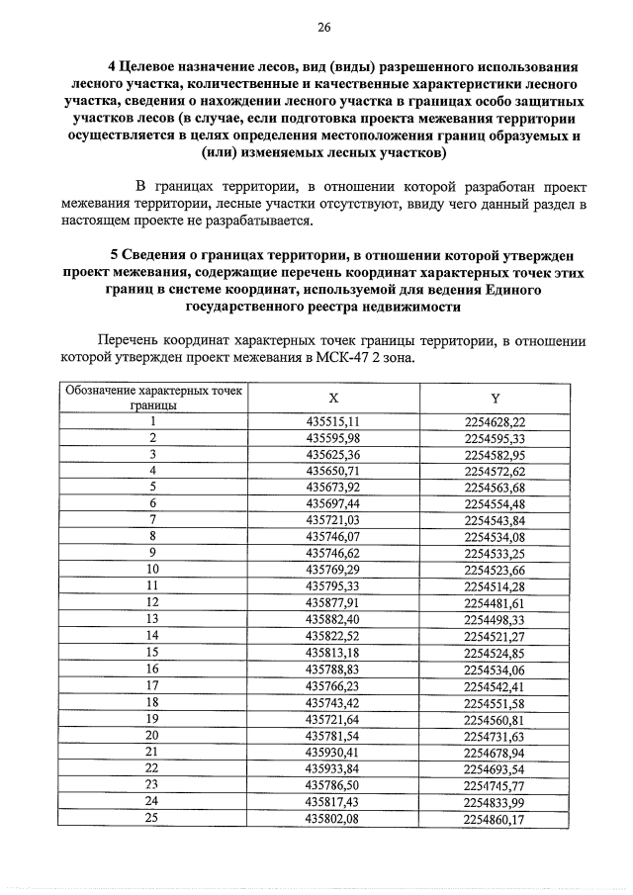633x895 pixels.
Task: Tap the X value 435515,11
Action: coord(333,421)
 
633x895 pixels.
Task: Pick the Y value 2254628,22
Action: coord(495,421)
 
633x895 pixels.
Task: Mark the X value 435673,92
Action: coord(333,487)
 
